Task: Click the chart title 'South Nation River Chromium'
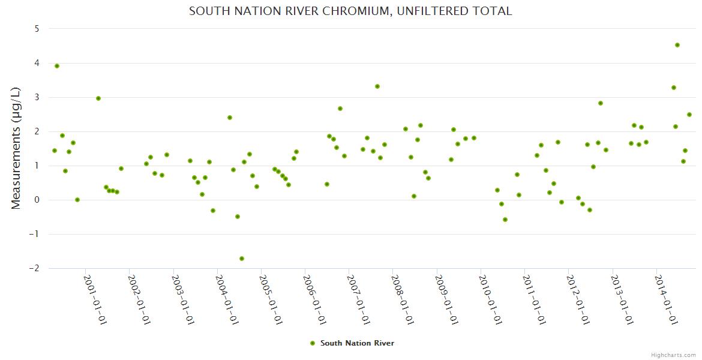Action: (350, 11)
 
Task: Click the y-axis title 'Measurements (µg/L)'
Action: (16, 148)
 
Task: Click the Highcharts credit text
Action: (673, 355)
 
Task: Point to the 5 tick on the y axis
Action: (37, 29)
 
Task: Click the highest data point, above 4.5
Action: (677, 45)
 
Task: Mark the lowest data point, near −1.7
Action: (242, 259)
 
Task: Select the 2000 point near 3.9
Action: (57, 66)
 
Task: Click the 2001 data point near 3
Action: (98, 98)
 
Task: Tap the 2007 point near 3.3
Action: (377, 86)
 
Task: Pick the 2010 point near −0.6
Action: (505, 220)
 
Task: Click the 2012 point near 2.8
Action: (601, 103)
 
